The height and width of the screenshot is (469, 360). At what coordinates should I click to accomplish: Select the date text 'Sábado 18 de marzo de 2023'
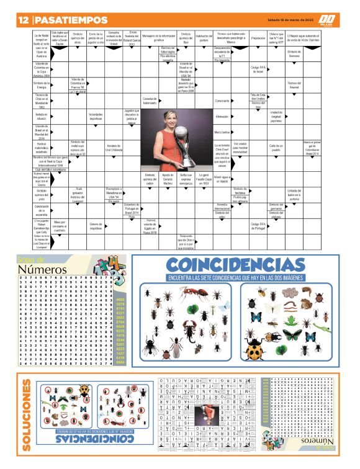click(287, 19)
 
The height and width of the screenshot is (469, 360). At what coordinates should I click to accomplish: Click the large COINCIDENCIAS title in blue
click(235, 265)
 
